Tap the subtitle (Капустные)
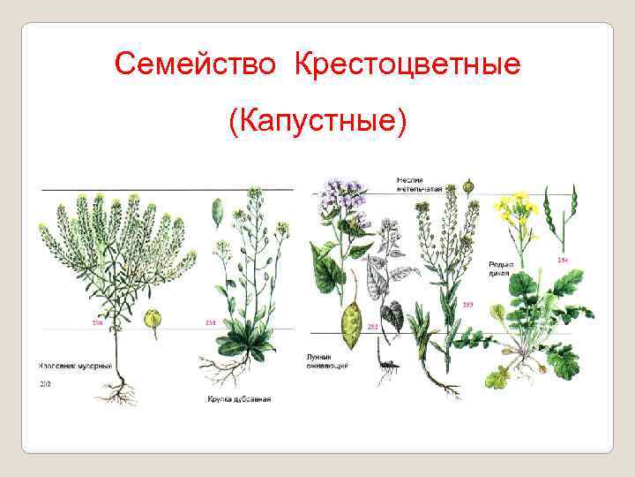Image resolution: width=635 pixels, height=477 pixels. pos(317,120)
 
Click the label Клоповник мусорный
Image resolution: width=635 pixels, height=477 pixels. pos(74,364)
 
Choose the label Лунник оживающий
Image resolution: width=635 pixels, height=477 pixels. pos(327,360)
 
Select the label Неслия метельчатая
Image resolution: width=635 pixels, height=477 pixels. pos(418,185)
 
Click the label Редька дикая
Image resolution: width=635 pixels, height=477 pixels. pos(502,269)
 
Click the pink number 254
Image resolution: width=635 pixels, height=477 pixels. pos(562,261)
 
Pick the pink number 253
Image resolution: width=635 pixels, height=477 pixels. pos(467,304)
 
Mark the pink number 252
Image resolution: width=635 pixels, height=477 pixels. pos(372,327)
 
